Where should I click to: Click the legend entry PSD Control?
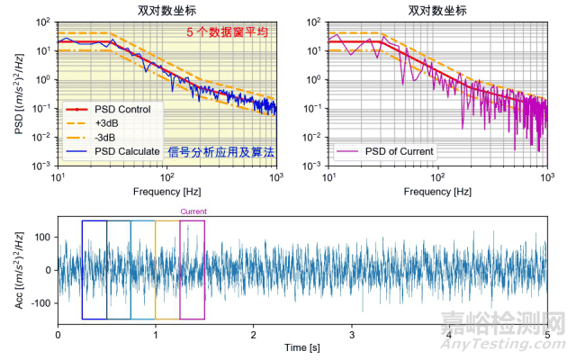tap(122, 110)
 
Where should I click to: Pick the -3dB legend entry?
tap(105, 137)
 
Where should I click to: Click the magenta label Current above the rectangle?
tap(193, 212)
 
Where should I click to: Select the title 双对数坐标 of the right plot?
tap(436, 11)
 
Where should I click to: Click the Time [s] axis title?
tap(302, 346)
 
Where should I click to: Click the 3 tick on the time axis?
tap(352, 334)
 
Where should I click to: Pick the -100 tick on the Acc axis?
tap(40, 302)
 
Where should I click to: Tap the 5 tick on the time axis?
tap(547, 334)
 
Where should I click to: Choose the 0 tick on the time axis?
tap(58, 334)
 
